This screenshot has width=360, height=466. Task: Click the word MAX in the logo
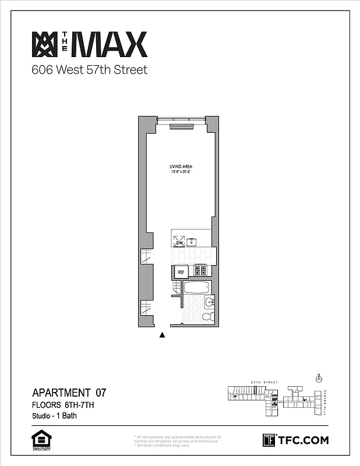click(x=110, y=45)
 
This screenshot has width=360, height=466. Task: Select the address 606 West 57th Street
click(x=89, y=70)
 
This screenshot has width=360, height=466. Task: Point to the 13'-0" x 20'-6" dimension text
click(x=179, y=172)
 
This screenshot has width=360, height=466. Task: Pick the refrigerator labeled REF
click(x=181, y=271)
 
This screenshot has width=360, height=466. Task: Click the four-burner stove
click(x=201, y=271)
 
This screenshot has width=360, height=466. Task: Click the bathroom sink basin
click(x=209, y=302)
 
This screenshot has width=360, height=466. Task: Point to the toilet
click(x=207, y=317)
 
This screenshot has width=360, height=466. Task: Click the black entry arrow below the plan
click(x=163, y=335)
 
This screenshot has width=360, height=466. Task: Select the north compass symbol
click(x=318, y=378)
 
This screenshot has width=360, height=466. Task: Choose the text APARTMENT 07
click(x=69, y=392)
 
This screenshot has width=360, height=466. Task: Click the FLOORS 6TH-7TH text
click(x=63, y=404)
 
